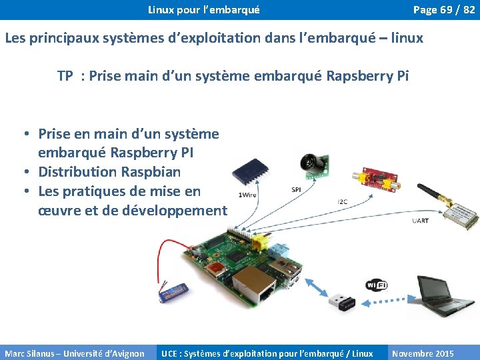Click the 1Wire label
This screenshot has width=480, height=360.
[247, 195]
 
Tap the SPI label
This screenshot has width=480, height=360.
[296, 190]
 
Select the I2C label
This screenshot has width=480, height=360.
[342, 201]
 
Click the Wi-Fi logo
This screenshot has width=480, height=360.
[376, 285]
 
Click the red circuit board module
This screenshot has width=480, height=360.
[375, 178]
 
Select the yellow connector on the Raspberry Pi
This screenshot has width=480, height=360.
[257, 240]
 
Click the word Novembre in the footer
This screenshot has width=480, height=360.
[413, 353]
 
